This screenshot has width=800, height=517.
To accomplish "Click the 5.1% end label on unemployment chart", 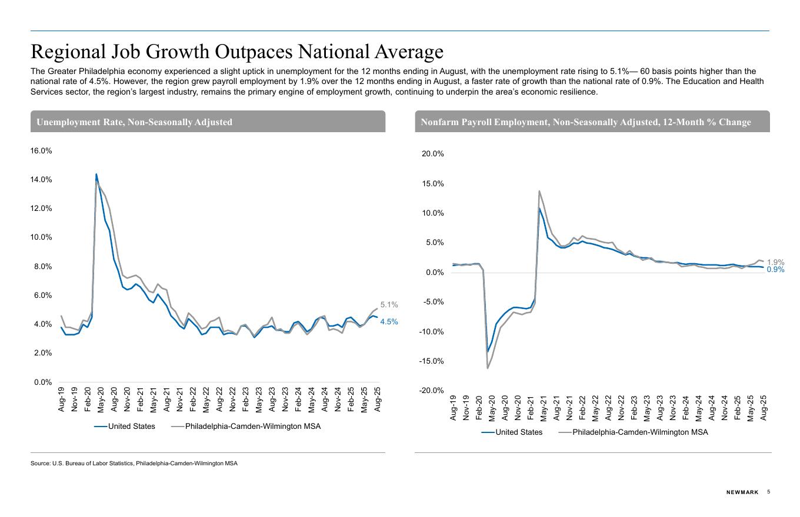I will click(389, 305).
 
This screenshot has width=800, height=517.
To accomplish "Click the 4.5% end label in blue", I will click(389, 322).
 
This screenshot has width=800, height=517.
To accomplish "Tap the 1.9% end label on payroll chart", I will click(775, 263).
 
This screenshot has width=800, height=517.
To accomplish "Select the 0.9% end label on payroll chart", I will click(775, 270).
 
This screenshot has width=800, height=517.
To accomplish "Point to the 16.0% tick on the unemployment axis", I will click(41, 151).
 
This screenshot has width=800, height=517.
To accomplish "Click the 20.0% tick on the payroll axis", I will click(432, 154).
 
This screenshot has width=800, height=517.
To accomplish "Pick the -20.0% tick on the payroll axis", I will click(431, 391).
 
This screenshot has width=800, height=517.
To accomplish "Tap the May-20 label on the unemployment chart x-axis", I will click(101, 399).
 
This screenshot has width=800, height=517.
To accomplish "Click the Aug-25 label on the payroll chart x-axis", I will click(764, 407).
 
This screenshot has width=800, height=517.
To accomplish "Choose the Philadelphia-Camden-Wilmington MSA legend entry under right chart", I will click(640, 432).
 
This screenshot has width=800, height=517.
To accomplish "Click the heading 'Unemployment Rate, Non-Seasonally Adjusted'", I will click(134, 122).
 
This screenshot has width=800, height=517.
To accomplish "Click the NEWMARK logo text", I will click(742, 492).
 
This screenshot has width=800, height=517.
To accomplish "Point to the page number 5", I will click(769, 492).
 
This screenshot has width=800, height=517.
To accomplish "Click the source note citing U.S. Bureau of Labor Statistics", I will click(134, 464).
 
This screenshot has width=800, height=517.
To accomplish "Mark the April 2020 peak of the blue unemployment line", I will click(96, 174).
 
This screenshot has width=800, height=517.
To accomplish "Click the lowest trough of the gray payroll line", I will click(488, 368).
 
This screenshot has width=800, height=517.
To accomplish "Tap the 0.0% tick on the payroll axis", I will click(434, 273).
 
